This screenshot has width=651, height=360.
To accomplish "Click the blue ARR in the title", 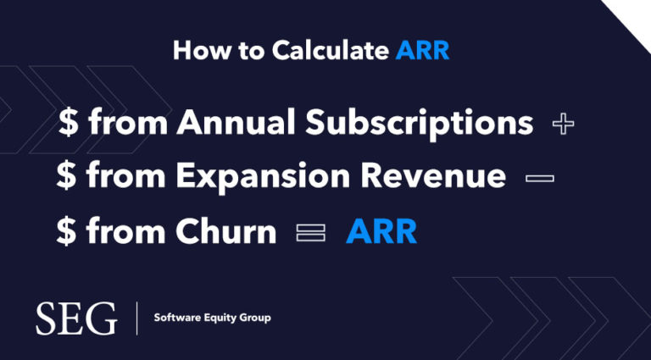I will coord(422,51).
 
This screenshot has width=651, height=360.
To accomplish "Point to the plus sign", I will coord(563,125).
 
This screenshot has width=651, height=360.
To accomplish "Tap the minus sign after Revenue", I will coord(539,178).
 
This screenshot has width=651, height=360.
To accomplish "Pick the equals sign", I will coord(310,232).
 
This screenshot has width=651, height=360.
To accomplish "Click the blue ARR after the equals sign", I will coord(381,230).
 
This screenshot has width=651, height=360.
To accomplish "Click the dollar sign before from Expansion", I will coord(65,177).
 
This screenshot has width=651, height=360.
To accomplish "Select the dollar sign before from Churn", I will coord(65,231).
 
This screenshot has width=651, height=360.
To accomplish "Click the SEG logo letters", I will coord(76,318).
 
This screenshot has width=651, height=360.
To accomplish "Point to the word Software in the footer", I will coord(180,318).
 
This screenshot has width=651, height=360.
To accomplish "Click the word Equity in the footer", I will coord(224,318).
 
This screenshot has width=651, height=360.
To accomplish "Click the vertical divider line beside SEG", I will coord(136,318).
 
